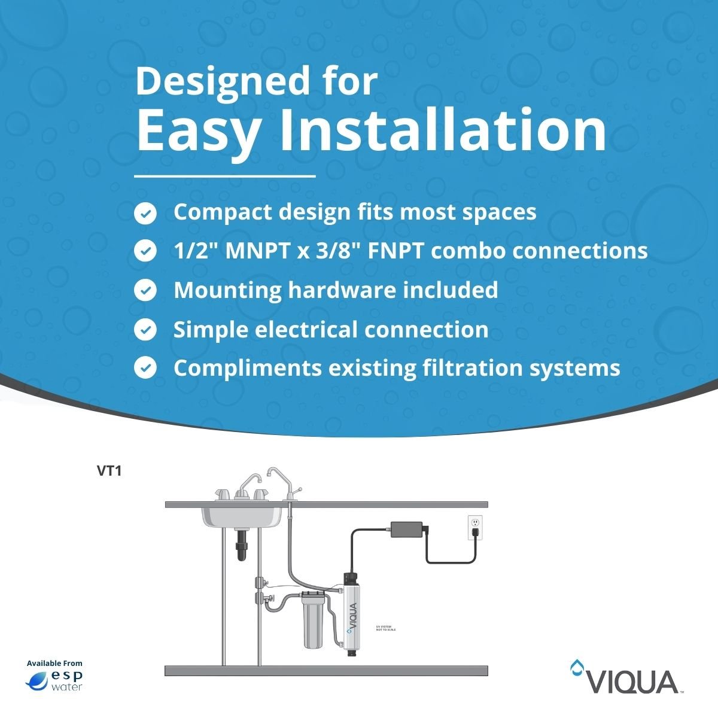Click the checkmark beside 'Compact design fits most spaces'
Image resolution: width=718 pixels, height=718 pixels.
pyautogui.click(x=145, y=213)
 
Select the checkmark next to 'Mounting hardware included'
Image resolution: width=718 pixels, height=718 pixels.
pyautogui.click(x=145, y=291)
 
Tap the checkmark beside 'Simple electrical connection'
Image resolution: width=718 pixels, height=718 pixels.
pyautogui.click(x=145, y=330)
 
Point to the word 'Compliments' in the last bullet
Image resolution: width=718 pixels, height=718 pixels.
pyautogui.click(x=247, y=368)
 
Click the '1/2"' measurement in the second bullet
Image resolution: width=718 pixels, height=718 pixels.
pyautogui.click(x=196, y=251)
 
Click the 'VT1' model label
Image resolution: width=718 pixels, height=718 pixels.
pyautogui.click(x=109, y=471)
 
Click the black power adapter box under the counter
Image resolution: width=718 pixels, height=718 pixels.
pyautogui.click(x=407, y=529)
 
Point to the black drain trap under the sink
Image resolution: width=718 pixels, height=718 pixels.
pyautogui.click(x=242, y=543)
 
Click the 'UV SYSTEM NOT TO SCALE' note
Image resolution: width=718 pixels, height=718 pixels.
pyautogui.click(x=385, y=628)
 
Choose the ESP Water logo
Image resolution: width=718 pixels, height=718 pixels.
pyautogui.click(x=54, y=680)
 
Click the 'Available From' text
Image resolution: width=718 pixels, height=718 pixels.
pyautogui.click(x=54, y=663)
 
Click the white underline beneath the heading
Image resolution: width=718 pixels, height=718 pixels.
pyautogui.click(x=225, y=177)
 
